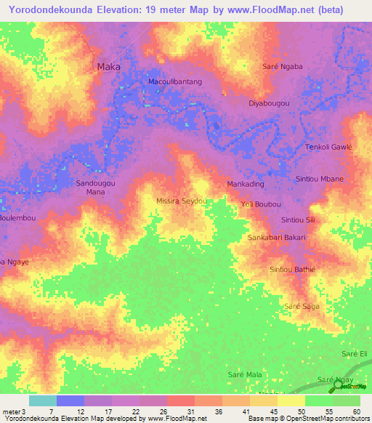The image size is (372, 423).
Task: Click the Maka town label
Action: (108, 66)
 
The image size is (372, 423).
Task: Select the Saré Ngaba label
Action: (282, 66)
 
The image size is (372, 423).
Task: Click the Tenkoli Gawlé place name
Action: (328, 146)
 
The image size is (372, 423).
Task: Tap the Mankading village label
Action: (246, 184)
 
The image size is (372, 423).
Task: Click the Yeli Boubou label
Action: (260, 204)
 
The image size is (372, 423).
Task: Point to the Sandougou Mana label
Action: (96, 188)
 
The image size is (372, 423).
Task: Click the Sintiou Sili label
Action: (299, 219)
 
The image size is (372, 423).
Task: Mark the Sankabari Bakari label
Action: (278, 238)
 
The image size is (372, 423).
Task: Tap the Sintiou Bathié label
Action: (292, 270)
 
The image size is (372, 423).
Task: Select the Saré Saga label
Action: (302, 306)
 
